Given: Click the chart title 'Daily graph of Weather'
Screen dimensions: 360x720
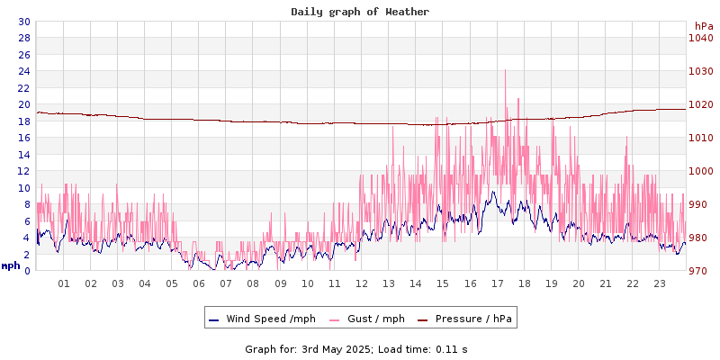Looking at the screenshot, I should tap(360, 12).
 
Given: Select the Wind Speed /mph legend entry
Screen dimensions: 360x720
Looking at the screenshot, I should tap(262, 319).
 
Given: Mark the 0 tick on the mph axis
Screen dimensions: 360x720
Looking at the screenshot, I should tap(27, 271).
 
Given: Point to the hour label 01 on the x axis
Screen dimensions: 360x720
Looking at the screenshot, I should tap(64, 283).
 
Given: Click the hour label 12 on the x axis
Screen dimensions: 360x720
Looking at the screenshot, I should tap(362, 283).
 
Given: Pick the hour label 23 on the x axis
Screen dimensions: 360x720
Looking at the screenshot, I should tap(660, 283).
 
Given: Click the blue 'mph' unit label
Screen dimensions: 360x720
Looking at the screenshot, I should tap(11, 265).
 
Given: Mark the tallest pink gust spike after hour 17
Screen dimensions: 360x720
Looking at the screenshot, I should tap(505, 71).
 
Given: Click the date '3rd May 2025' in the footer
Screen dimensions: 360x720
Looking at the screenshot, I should tap(336, 348).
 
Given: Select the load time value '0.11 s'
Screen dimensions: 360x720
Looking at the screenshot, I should tap(453, 348).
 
